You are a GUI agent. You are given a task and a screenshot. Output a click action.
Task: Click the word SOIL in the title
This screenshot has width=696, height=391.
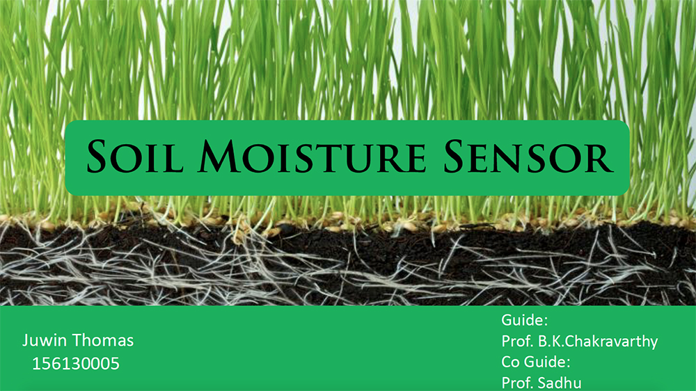click(x=135, y=157)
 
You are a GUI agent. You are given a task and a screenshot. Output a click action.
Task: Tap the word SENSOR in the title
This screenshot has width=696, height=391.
click(x=529, y=157)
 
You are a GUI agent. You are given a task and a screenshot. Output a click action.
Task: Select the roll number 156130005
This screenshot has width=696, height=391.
click(x=76, y=363)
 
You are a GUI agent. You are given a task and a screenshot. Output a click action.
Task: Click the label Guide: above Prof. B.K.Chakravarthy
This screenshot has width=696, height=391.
click(x=524, y=320)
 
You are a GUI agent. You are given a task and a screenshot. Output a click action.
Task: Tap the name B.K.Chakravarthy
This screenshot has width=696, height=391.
click(x=598, y=342)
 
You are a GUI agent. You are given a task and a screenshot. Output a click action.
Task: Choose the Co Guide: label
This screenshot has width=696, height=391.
click(x=536, y=362)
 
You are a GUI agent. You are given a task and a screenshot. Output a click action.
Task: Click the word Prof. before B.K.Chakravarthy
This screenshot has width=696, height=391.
click(x=518, y=342)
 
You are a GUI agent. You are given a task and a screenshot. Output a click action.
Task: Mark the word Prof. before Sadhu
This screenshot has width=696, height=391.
click(x=518, y=383)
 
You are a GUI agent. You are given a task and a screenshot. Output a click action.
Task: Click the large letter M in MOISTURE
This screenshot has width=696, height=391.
click(x=219, y=157)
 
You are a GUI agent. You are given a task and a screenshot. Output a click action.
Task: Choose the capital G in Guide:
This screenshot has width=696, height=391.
click(x=507, y=320)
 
